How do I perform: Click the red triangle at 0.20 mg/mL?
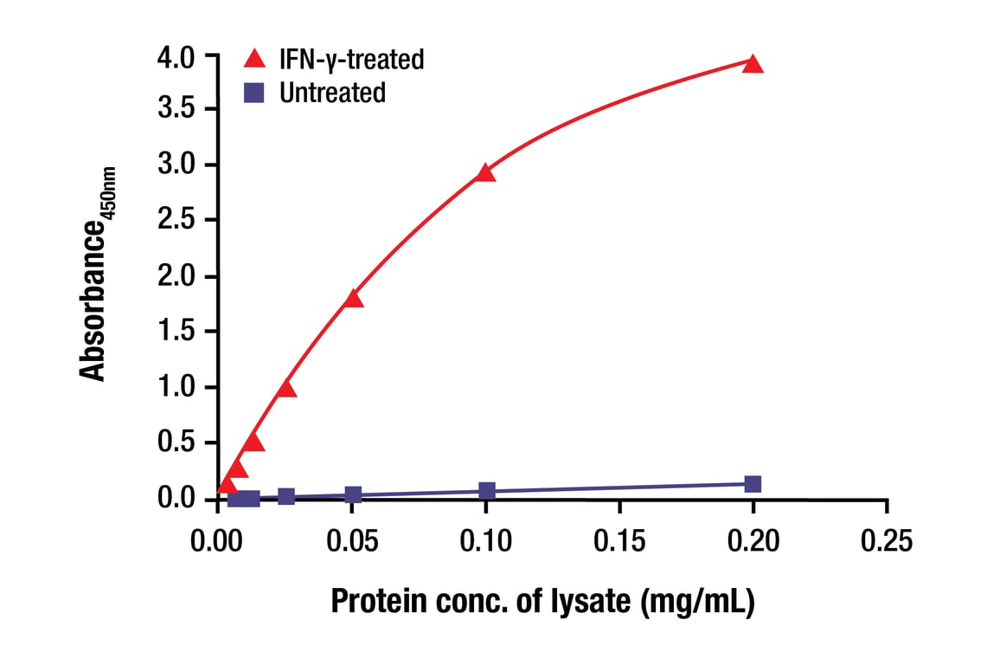point(753,64)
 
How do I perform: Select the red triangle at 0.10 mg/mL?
point(486,173)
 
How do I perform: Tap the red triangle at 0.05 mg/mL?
point(352,299)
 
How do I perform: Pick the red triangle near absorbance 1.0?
point(286,388)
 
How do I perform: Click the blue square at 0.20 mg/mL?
point(753,484)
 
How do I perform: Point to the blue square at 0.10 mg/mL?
point(486,491)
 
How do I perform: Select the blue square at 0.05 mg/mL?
point(352,495)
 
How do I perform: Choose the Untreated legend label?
point(332,93)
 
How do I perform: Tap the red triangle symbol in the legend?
point(255,59)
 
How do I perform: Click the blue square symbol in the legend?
point(255,93)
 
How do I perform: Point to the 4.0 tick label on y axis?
point(176,57)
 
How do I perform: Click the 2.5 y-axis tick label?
point(176,220)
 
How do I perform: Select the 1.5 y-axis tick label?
point(176,332)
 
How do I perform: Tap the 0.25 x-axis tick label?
point(887,542)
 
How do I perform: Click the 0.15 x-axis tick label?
point(619,542)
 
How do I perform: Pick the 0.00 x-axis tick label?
point(217,542)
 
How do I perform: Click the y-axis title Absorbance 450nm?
point(100,274)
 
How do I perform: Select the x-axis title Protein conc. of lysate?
point(543,602)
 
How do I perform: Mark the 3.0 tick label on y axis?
point(176,165)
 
